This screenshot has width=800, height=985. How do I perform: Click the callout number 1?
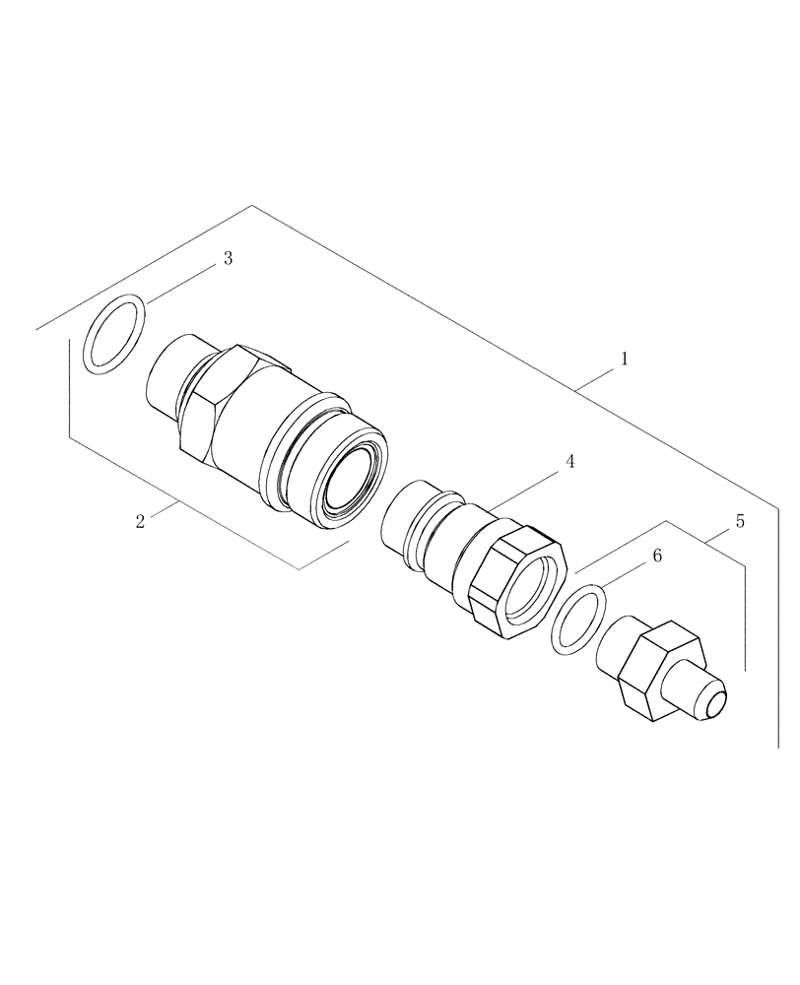(x=624, y=361)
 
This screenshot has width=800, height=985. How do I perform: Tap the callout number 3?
(x=228, y=259)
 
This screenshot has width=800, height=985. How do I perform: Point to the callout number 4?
(x=569, y=462)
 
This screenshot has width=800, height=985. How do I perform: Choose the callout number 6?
(x=657, y=557)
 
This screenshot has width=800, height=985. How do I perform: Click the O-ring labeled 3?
(x=115, y=337)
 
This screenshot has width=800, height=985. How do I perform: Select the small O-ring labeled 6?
(x=574, y=620)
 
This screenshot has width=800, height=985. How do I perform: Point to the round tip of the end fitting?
(x=716, y=701)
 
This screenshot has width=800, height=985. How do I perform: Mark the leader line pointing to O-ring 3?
(x=179, y=284)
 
